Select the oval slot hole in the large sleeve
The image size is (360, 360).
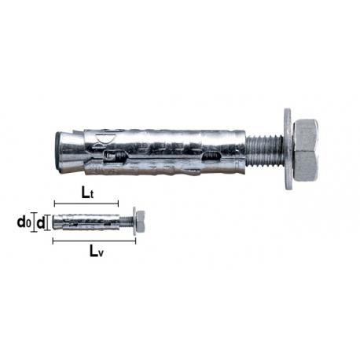tap(210, 160)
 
